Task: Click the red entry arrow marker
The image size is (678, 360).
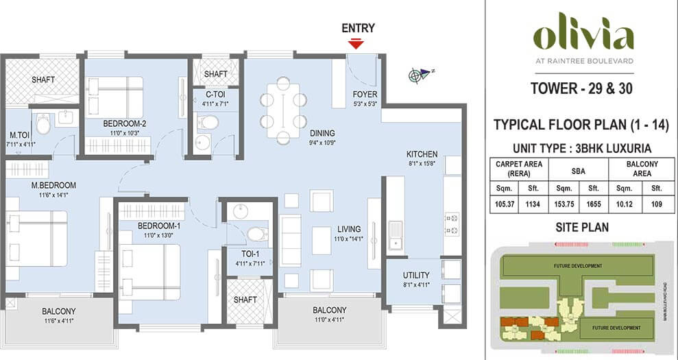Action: point(355,44)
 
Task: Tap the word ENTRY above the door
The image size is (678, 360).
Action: point(358,28)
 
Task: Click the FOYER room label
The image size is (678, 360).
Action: point(365,95)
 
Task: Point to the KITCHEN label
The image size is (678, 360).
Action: point(422,154)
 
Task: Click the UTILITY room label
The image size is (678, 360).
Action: point(416,276)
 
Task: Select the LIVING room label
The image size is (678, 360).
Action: point(350,229)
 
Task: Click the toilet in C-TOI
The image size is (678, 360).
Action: point(208,123)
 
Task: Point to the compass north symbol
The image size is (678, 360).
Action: point(416,74)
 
